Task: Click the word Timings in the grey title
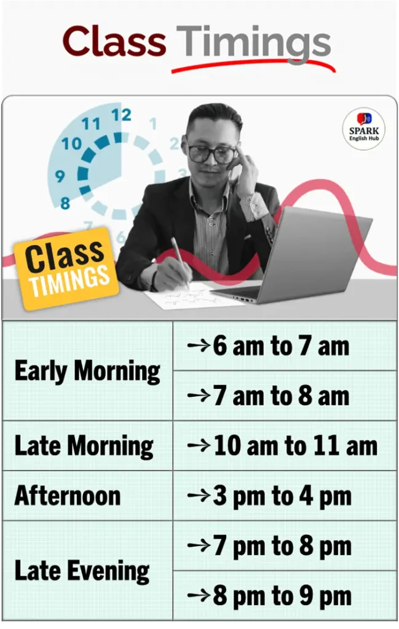click(254, 44)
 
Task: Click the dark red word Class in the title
click(114, 41)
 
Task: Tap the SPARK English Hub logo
click(364, 128)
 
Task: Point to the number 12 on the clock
click(121, 115)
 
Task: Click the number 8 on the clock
click(65, 203)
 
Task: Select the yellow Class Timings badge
click(66, 268)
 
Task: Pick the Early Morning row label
click(87, 371)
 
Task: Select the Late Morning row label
click(84, 446)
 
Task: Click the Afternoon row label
click(68, 496)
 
